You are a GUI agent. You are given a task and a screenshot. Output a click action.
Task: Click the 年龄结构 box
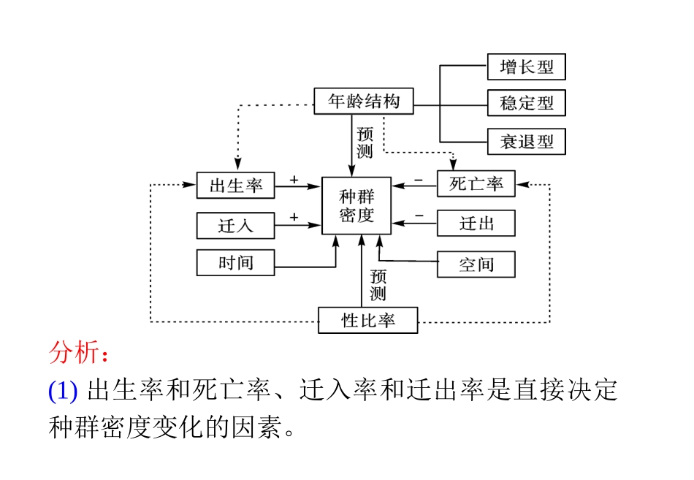click(x=363, y=101)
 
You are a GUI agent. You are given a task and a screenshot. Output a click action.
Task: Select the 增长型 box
click(x=526, y=67)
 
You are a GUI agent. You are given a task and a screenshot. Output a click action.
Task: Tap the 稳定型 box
click(x=526, y=103)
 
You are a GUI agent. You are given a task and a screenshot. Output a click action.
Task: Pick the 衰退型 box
click(x=526, y=141)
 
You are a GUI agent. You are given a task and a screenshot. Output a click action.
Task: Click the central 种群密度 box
click(x=356, y=205)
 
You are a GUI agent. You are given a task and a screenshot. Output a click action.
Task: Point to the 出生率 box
click(x=235, y=185)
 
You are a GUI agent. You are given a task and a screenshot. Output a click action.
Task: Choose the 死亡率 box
click(x=476, y=184)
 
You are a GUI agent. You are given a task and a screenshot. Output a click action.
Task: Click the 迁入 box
click(x=235, y=225)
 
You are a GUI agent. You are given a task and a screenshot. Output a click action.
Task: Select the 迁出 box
click(x=476, y=223)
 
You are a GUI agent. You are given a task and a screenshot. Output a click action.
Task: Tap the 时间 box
click(x=235, y=262)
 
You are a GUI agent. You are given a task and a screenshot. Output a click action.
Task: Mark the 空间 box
click(x=476, y=264)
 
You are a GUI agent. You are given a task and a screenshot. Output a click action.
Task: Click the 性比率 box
click(x=367, y=320)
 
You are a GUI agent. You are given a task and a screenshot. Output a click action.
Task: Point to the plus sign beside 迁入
click(x=294, y=217)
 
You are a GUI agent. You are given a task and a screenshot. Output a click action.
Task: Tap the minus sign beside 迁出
click(x=419, y=216)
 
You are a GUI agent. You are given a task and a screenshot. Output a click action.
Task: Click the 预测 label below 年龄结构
click(x=365, y=143)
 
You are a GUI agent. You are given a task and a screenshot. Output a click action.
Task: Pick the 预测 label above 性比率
click(x=378, y=286)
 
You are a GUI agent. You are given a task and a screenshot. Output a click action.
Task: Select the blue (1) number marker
click(x=63, y=392)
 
